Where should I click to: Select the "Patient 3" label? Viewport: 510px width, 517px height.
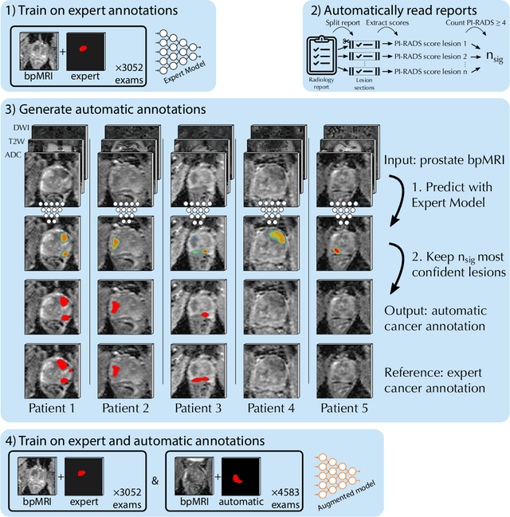click(x=198, y=408)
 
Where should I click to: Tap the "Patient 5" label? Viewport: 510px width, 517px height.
click(x=344, y=408)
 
